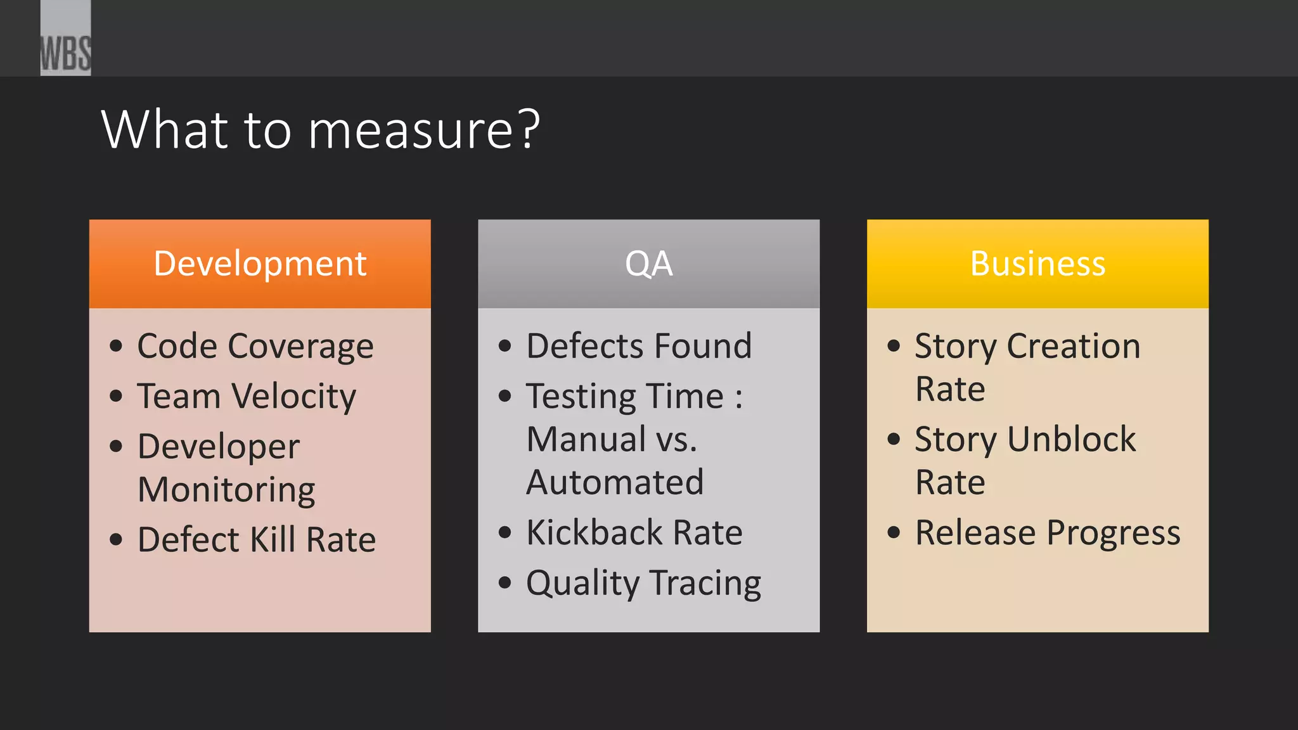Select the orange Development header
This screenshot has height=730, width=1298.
pyautogui.click(x=260, y=264)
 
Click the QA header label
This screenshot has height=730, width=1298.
pyautogui.click(x=648, y=264)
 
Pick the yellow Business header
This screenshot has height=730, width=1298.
pyautogui.click(x=1038, y=264)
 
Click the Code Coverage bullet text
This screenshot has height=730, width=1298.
pyautogui.click(x=255, y=346)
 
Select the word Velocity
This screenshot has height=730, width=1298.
pyautogui.click(x=294, y=397)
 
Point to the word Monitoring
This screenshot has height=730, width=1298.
pyautogui.click(x=226, y=490)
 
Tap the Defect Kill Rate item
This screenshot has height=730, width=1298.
pyautogui.click(x=257, y=540)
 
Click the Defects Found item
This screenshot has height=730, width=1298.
pyautogui.click(x=639, y=346)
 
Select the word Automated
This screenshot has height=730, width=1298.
pyautogui.click(x=615, y=482)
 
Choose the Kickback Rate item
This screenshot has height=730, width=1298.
pyautogui.click(x=634, y=532)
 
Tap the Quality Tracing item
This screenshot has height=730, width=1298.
pyautogui.click(x=643, y=583)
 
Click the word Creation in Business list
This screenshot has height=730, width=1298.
pyautogui.click(x=1074, y=346)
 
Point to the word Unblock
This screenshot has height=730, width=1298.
pyautogui.click(x=1071, y=439)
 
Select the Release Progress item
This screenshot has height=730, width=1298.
pyautogui.click(x=1048, y=532)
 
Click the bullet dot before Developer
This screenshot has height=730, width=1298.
pyautogui.click(x=116, y=446)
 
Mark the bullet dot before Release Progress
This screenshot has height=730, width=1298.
pyautogui.click(x=894, y=532)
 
